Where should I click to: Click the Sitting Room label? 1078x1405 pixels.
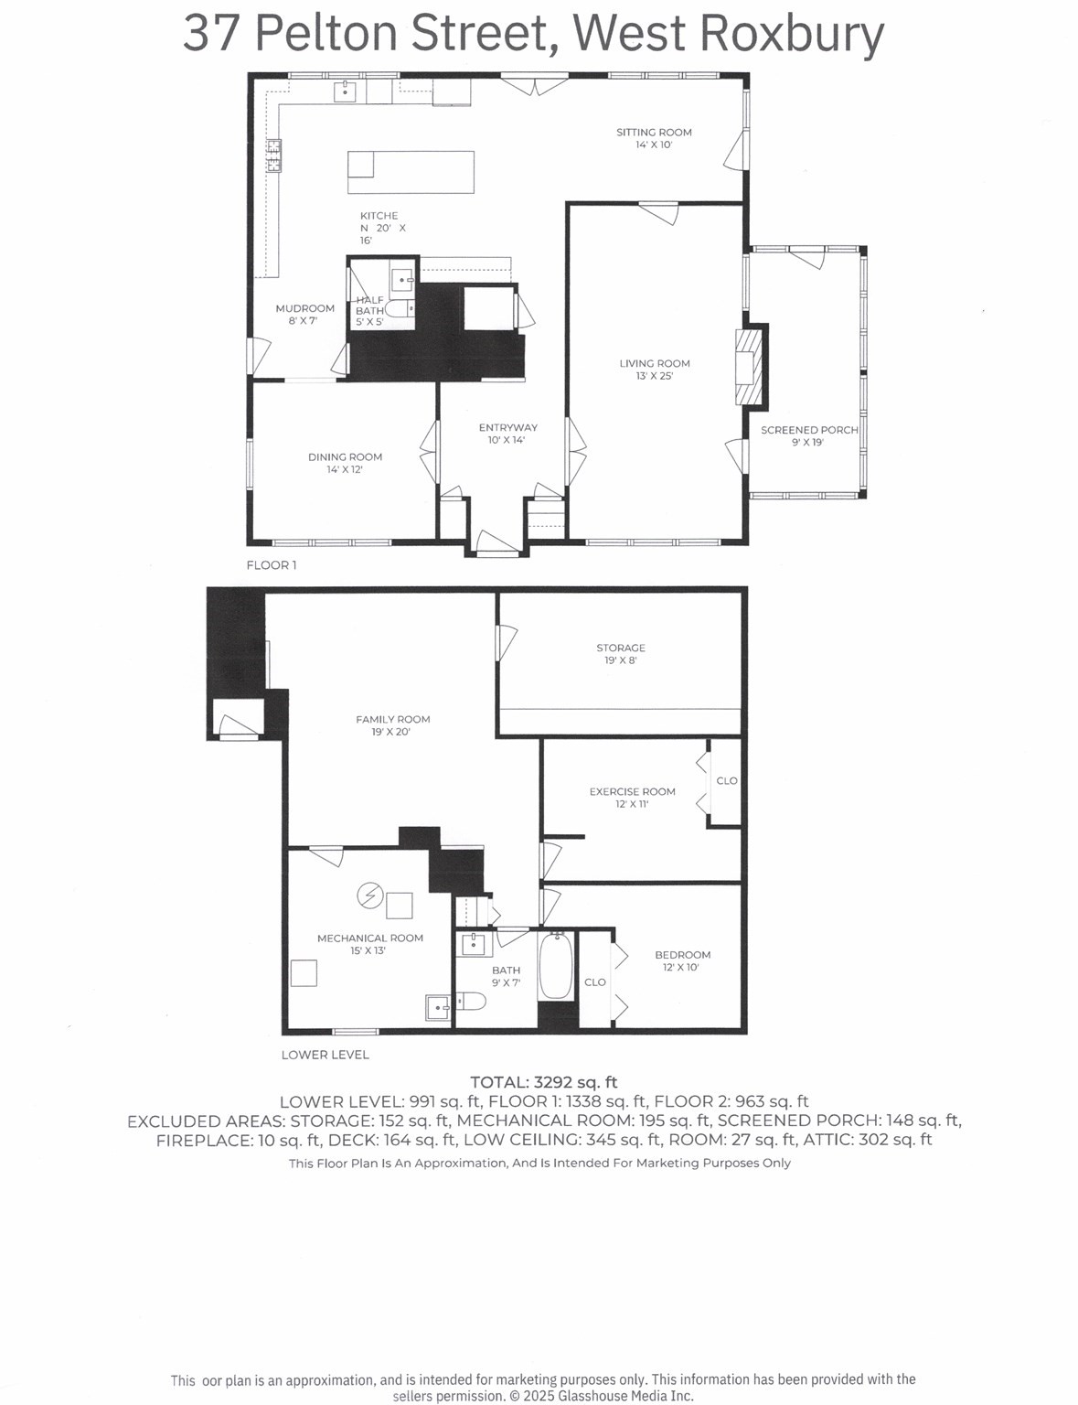(x=654, y=132)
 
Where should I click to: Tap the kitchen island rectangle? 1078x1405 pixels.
(x=411, y=172)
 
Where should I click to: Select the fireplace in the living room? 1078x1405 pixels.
(x=750, y=366)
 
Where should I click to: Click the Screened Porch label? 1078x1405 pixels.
(x=809, y=430)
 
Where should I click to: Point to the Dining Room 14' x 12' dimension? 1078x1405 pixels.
(x=345, y=469)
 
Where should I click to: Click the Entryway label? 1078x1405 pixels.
(x=507, y=427)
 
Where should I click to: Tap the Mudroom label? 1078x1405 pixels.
(x=304, y=308)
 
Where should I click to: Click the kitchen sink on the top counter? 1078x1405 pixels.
(x=346, y=91)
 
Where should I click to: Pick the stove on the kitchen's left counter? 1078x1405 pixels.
(x=273, y=156)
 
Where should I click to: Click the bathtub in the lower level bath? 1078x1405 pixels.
(x=556, y=966)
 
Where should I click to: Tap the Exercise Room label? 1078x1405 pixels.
(x=632, y=791)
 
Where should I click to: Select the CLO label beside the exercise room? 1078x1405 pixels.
(x=726, y=780)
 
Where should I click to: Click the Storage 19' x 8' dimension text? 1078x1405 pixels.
(x=620, y=660)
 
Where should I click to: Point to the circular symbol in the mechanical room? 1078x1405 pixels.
(x=369, y=896)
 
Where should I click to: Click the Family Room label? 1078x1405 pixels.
(x=392, y=719)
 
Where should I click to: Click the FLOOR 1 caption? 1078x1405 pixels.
(x=272, y=565)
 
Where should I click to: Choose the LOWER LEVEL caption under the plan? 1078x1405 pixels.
(x=325, y=1055)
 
